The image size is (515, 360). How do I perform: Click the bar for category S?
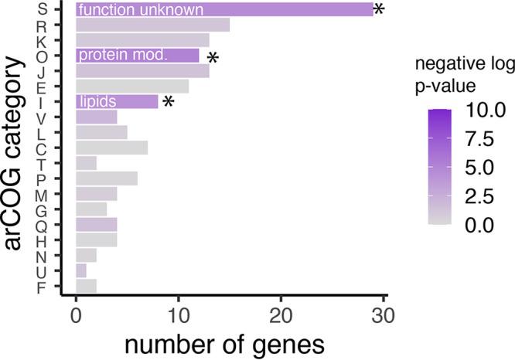tap(224, 10)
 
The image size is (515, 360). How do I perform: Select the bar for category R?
tap(152, 25)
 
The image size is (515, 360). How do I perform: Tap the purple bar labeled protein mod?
tap(137, 56)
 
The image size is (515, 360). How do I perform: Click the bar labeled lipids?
tap(117, 102)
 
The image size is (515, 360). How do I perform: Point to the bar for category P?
tap(107, 178)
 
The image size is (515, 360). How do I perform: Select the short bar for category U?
tap(81, 270)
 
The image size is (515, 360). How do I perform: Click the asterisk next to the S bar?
tap(379, 10)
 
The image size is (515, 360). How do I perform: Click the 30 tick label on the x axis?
tap(383, 316)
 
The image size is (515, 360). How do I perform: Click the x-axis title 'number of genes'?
tap(229, 342)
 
